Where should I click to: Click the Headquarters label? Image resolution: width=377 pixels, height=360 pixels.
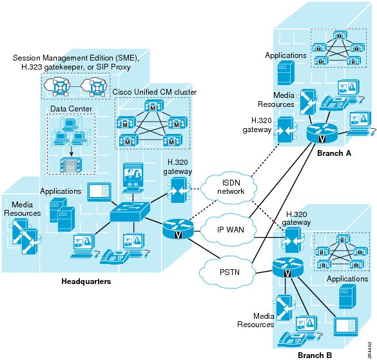[x=86, y=281]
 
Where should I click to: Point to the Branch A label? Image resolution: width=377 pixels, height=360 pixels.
[x=334, y=153]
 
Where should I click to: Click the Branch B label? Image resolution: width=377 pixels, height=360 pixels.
[x=314, y=355]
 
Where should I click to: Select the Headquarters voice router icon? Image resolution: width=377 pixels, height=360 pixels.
[x=178, y=229]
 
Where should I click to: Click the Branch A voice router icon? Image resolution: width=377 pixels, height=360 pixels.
[x=322, y=133]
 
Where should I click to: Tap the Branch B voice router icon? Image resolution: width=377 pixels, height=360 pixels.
[x=288, y=267]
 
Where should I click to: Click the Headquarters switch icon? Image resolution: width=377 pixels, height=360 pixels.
[x=130, y=212]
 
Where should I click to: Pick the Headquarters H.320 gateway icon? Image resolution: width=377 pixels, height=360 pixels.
[x=179, y=191]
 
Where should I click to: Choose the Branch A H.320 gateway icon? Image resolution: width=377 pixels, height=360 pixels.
[x=286, y=130]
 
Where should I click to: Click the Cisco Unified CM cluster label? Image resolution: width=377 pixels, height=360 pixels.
[x=155, y=92]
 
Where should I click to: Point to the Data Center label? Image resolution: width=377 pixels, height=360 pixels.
[x=71, y=109]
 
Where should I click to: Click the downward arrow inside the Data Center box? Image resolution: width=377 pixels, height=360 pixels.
[x=71, y=151]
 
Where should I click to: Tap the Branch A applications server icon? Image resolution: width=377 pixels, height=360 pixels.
[x=286, y=73]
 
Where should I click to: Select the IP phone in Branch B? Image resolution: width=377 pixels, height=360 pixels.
[x=292, y=339]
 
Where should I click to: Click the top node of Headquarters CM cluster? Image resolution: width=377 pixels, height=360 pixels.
[x=154, y=106]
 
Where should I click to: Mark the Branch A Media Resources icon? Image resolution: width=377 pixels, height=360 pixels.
[x=308, y=102]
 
